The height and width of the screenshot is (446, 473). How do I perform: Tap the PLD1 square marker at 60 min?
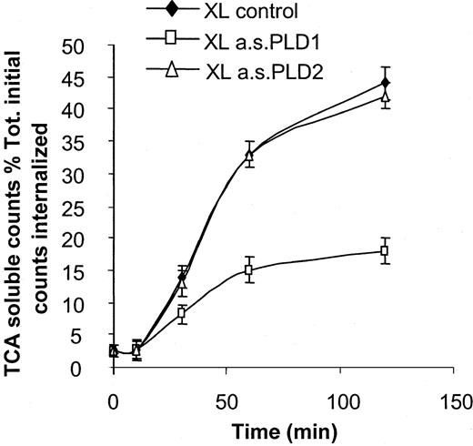[x=248, y=270]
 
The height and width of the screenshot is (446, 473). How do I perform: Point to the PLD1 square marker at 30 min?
[x=181, y=313]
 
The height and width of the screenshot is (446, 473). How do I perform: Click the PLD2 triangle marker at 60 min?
[x=248, y=155]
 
